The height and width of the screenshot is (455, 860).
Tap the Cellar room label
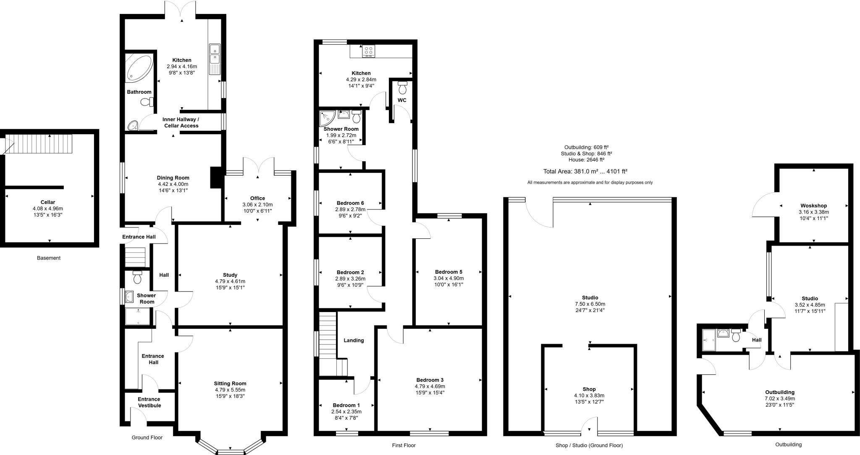(x=48, y=202)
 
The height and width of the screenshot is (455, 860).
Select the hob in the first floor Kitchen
(x=369, y=50)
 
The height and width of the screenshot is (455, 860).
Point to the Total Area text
(x=585, y=172)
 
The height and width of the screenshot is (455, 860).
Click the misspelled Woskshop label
(x=813, y=206)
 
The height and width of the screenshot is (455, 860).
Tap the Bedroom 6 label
(x=350, y=203)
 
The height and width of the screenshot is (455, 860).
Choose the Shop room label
(x=589, y=389)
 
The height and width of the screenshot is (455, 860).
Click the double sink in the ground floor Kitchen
(x=215, y=53)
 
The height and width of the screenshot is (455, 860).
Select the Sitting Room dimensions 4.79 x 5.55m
(x=230, y=390)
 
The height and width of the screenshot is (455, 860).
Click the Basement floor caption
(x=49, y=258)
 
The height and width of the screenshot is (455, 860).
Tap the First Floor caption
(x=404, y=445)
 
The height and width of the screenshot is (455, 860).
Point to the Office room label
(x=257, y=198)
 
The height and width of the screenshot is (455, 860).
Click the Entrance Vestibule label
(x=149, y=402)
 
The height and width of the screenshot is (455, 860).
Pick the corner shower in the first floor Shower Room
(x=327, y=118)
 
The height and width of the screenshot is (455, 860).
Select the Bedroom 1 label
(x=346, y=405)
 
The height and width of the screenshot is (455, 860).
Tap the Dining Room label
(x=173, y=178)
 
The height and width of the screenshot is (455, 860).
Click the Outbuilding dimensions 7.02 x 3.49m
(x=780, y=399)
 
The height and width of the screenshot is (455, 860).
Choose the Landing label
(x=354, y=340)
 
